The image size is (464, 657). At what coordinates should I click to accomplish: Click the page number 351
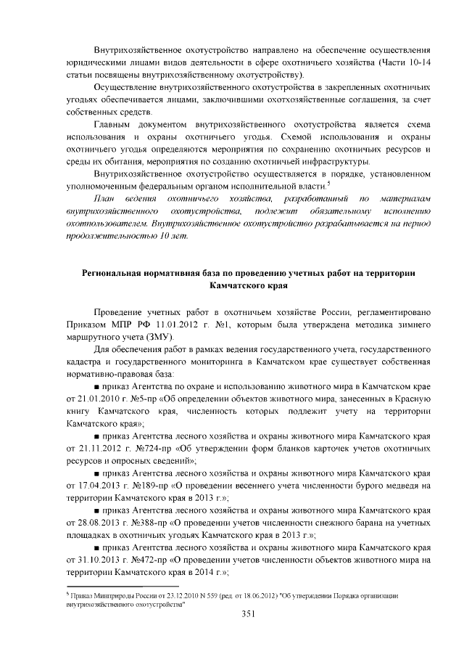[231, 614]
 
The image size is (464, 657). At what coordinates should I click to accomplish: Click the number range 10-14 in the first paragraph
[418, 62]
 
